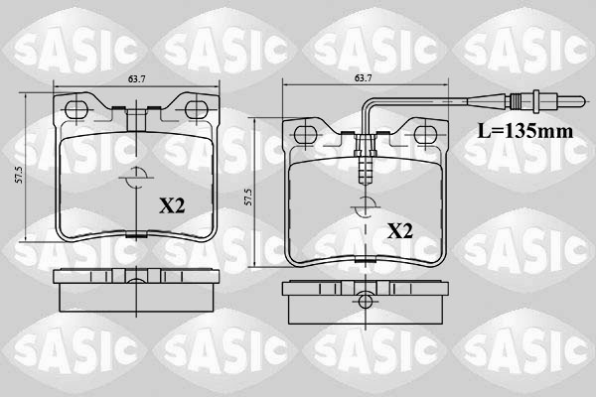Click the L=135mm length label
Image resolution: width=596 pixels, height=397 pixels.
click(523, 130)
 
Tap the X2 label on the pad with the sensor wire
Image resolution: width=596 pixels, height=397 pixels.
click(399, 231)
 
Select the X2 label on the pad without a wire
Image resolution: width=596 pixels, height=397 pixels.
click(173, 205)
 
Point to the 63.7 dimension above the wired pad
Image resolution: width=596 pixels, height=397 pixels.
click(363, 77)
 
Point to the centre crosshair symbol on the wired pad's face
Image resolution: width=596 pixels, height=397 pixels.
click(364, 205)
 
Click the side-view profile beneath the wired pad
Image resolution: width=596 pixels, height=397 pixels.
click(364, 295)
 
